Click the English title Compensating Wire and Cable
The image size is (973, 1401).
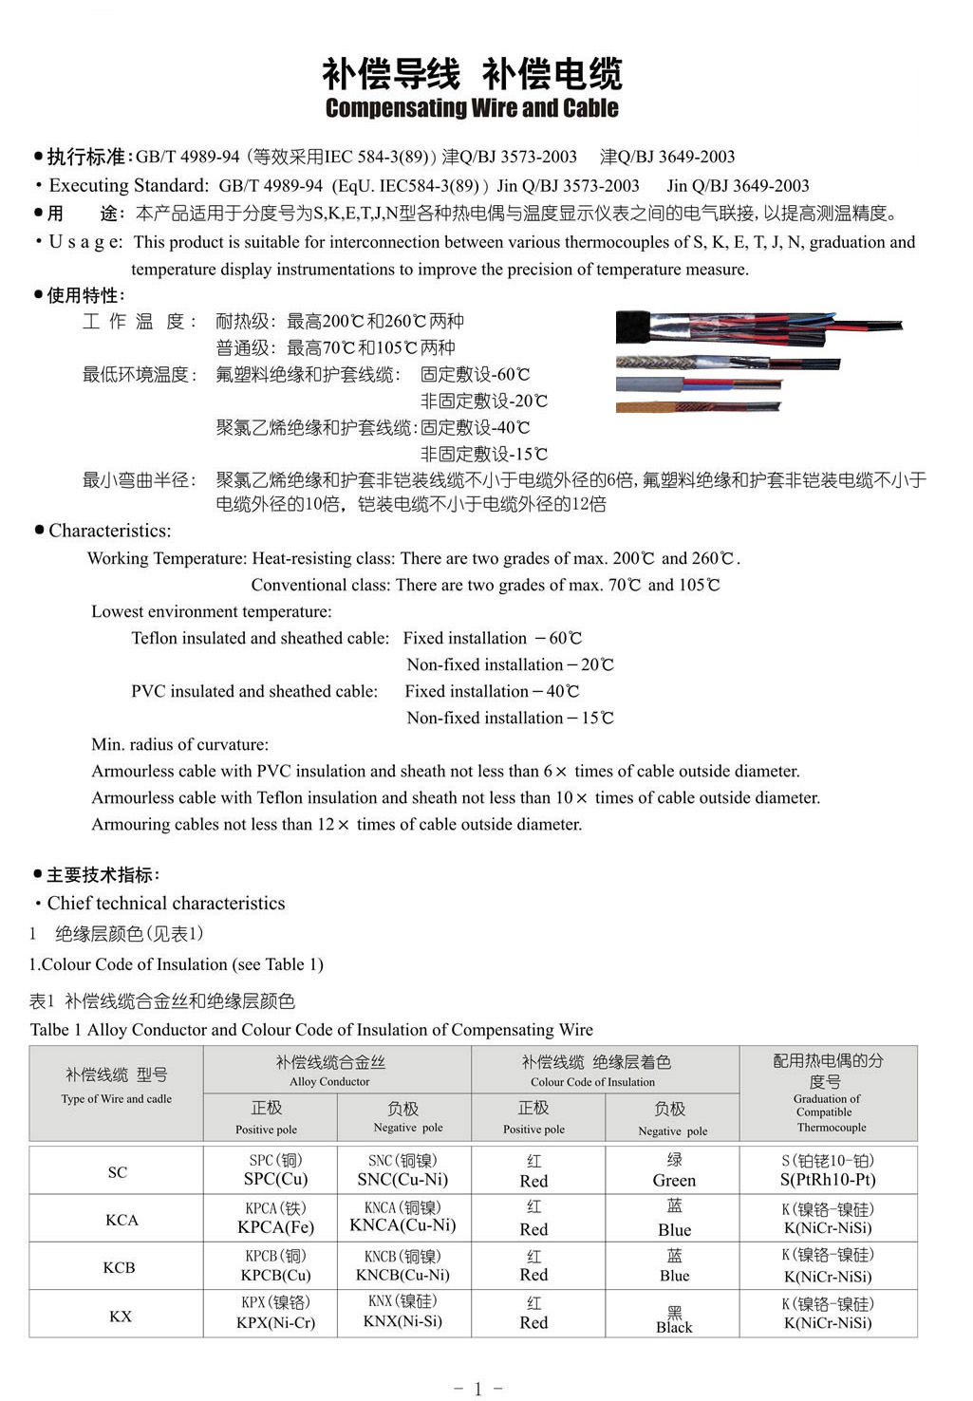(472, 108)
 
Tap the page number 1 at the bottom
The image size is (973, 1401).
(477, 1389)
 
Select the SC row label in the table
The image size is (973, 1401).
(118, 1172)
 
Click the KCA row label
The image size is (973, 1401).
(122, 1220)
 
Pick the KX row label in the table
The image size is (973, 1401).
(121, 1316)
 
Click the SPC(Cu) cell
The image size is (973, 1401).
(275, 1179)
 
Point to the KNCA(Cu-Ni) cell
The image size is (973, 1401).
(402, 1225)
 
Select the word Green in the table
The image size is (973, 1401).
(674, 1181)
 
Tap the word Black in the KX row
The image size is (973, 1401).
(674, 1327)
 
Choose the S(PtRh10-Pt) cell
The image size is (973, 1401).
(828, 1180)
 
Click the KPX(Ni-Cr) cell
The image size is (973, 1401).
(275, 1322)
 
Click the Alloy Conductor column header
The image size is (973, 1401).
(329, 1081)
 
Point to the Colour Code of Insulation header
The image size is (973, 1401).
(593, 1081)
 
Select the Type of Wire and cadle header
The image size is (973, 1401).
(117, 1098)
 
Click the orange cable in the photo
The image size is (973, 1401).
(698, 407)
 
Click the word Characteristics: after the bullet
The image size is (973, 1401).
(110, 531)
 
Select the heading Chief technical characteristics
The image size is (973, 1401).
(166, 903)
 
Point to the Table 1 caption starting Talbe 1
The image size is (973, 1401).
(311, 1030)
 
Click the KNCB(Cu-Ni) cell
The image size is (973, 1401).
(402, 1275)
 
